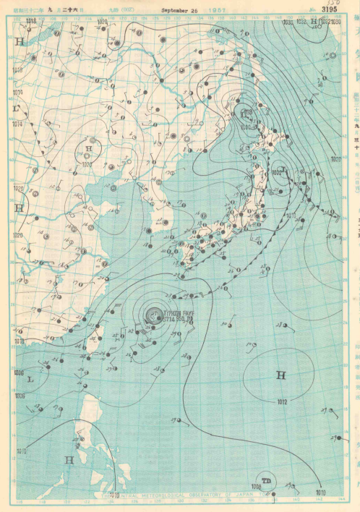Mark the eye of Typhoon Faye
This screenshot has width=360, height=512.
tap(153, 315)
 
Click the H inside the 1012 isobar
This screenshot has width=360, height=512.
tap(280, 374)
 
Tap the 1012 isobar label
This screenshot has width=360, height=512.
tap(282, 402)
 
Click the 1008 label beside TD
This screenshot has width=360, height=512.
tap(257, 486)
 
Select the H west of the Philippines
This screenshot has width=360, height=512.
tap(69, 459)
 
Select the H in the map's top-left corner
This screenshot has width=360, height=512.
tap(19, 41)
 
